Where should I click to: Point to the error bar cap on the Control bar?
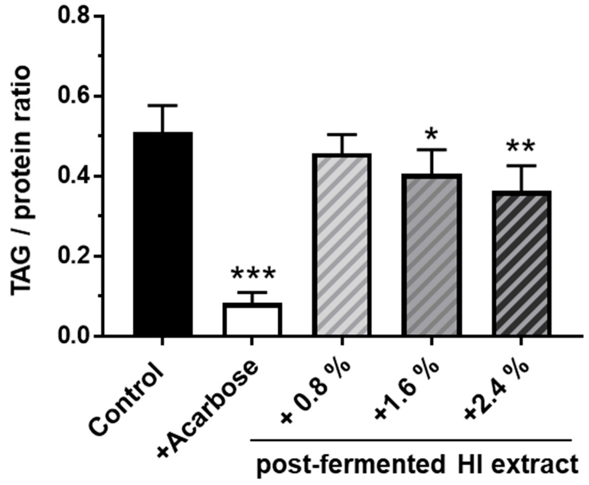[x=163, y=106]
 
